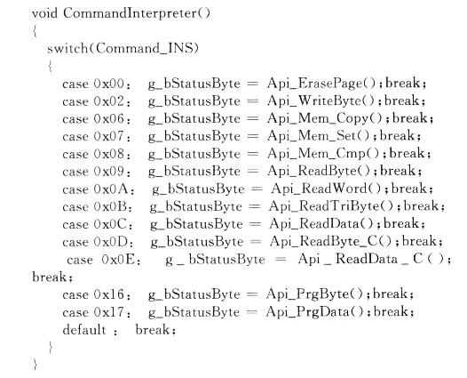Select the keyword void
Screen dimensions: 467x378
click(x=44, y=13)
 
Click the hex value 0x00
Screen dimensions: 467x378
click(x=108, y=84)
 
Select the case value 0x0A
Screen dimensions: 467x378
click(x=111, y=189)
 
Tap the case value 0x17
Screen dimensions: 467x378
click(x=108, y=313)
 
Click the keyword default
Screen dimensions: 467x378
click(x=84, y=330)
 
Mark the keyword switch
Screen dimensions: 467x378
click(x=67, y=48)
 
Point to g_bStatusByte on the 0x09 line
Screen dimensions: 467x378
click(x=194, y=172)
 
